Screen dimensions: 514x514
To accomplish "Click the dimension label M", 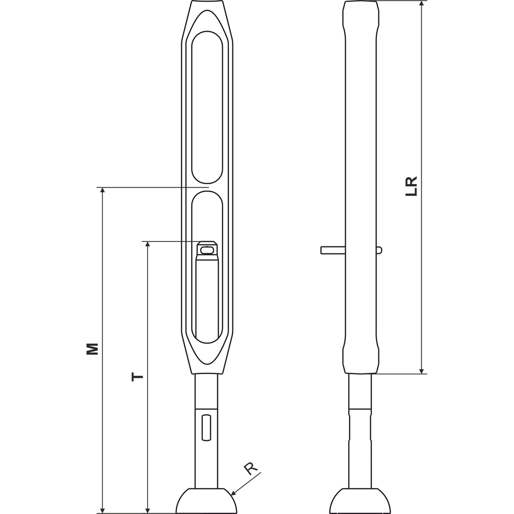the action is pos(92,349).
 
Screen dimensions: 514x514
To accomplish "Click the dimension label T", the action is pos(138,376).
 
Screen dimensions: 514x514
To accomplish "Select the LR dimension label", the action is pos(412,187).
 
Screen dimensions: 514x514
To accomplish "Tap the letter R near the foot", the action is pos(251,469).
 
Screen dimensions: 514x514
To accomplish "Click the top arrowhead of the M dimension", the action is pos(103,190).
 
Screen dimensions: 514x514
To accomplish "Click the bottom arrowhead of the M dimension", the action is pos(103,510).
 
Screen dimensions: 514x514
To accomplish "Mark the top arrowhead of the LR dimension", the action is pos(422,4).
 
